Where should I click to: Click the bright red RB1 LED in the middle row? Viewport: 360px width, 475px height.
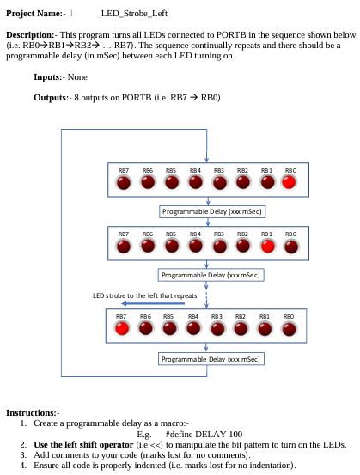click(267, 247)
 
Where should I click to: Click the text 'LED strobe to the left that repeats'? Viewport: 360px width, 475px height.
click(145, 295)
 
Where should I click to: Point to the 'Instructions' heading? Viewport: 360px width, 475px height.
click(32, 413)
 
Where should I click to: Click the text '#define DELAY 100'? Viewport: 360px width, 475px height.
click(204, 434)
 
